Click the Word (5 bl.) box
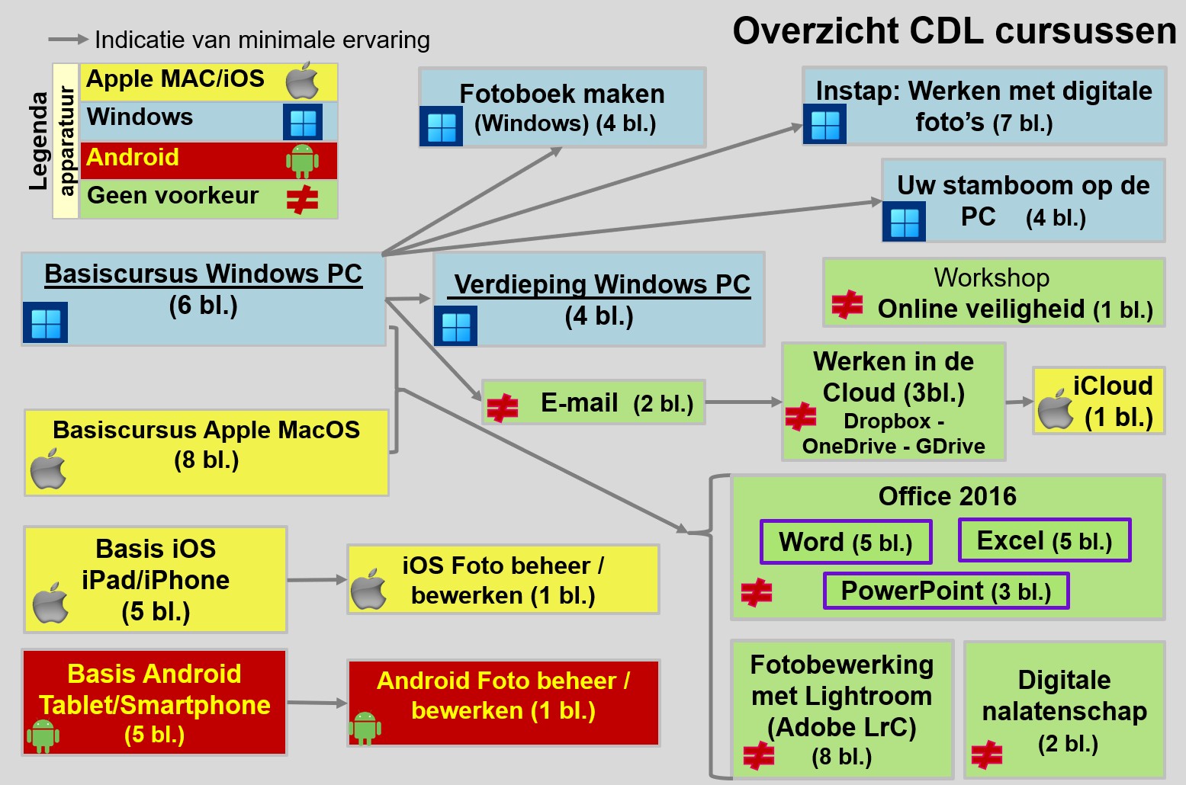pyautogui.click(x=846, y=542)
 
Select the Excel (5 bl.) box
pyautogui.click(x=1044, y=540)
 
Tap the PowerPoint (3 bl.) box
pyautogui.click(x=946, y=591)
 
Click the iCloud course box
pyautogui.click(x=1098, y=401)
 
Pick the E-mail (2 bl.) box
pyautogui.click(x=593, y=402)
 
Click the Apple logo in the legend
pyautogui.click(x=302, y=81)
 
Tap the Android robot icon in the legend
pyautogui.click(x=302, y=161)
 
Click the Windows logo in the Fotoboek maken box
pyautogui.click(x=441, y=126)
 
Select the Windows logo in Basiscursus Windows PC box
pyautogui.click(x=46, y=322)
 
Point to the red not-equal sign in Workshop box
pyautogui.click(x=847, y=304)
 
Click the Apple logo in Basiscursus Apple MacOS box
pyautogui.click(x=48, y=469)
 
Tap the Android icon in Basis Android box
pyautogui.click(x=43, y=735)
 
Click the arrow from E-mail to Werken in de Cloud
pyautogui.click(x=744, y=402)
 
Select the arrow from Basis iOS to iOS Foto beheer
pyautogui.click(x=317, y=580)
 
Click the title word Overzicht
pyautogui.click(x=816, y=30)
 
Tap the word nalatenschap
pyautogui.click(x=1064, y=711)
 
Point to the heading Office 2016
pyautogui.click(x=947, y=495)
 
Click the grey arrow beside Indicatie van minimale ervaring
pyautogui.click(x=69, y=39)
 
